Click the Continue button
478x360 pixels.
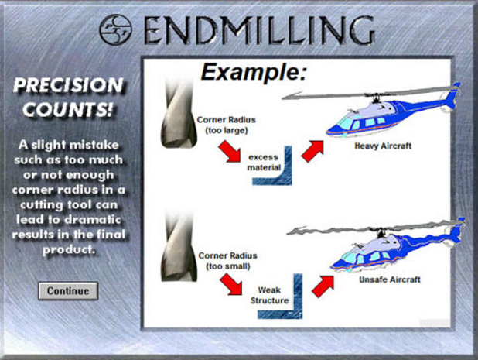click(68, 291)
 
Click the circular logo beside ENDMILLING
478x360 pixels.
click(115, 29)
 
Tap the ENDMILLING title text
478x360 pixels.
click(259, 30)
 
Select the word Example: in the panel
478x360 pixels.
click(254, 72)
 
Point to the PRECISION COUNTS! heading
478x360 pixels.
click(68, 98)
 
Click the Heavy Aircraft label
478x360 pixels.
click(383, 146)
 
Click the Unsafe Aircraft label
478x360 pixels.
click(390, 279)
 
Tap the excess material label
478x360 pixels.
click(264, 163)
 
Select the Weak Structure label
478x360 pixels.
click(269, 295)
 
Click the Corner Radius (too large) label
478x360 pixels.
click(226, 125)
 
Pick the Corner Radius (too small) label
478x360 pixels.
click(227, 261)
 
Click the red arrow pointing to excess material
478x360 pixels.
click(230, 152)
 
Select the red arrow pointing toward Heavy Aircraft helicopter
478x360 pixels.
click(312, 151)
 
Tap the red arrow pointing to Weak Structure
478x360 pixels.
click(230, 284)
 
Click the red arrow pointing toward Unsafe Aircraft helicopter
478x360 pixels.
click(323, 286)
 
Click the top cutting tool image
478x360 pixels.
click(179, 113)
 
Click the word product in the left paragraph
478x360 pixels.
click(69, 250)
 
